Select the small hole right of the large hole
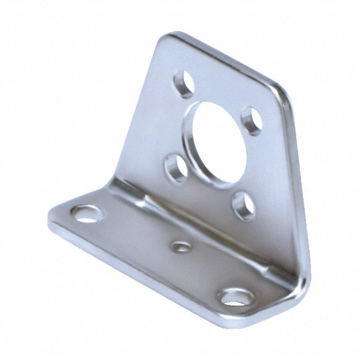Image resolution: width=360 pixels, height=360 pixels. point(250,116)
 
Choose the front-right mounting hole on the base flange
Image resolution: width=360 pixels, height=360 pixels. point(235,296)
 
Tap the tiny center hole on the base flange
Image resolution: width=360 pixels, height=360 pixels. point(180,248)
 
